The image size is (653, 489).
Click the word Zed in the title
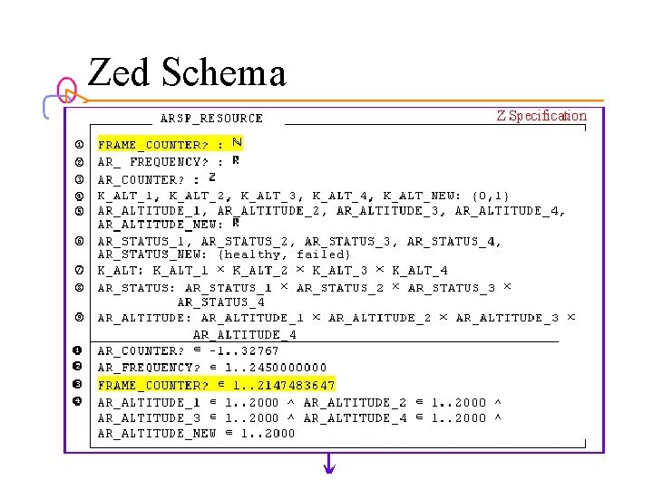pyautogui.click(x=122, y=72)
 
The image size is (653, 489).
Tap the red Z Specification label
pyautogui.click(x=541, y=116)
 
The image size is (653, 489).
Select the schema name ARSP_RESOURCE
pyautogui.click(x=211, y=118)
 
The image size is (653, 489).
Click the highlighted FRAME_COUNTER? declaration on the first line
pyautogui.click(x=170, y=144)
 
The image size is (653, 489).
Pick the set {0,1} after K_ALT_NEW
pyautogui.click(x=492, y=195)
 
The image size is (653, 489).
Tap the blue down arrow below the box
pyautogui.click(x=330, y=466)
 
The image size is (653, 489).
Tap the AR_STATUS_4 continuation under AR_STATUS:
pyautogui.click(x=221, y=302)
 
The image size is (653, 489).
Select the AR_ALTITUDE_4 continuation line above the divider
pyautogui.click(x=245, y=334)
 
